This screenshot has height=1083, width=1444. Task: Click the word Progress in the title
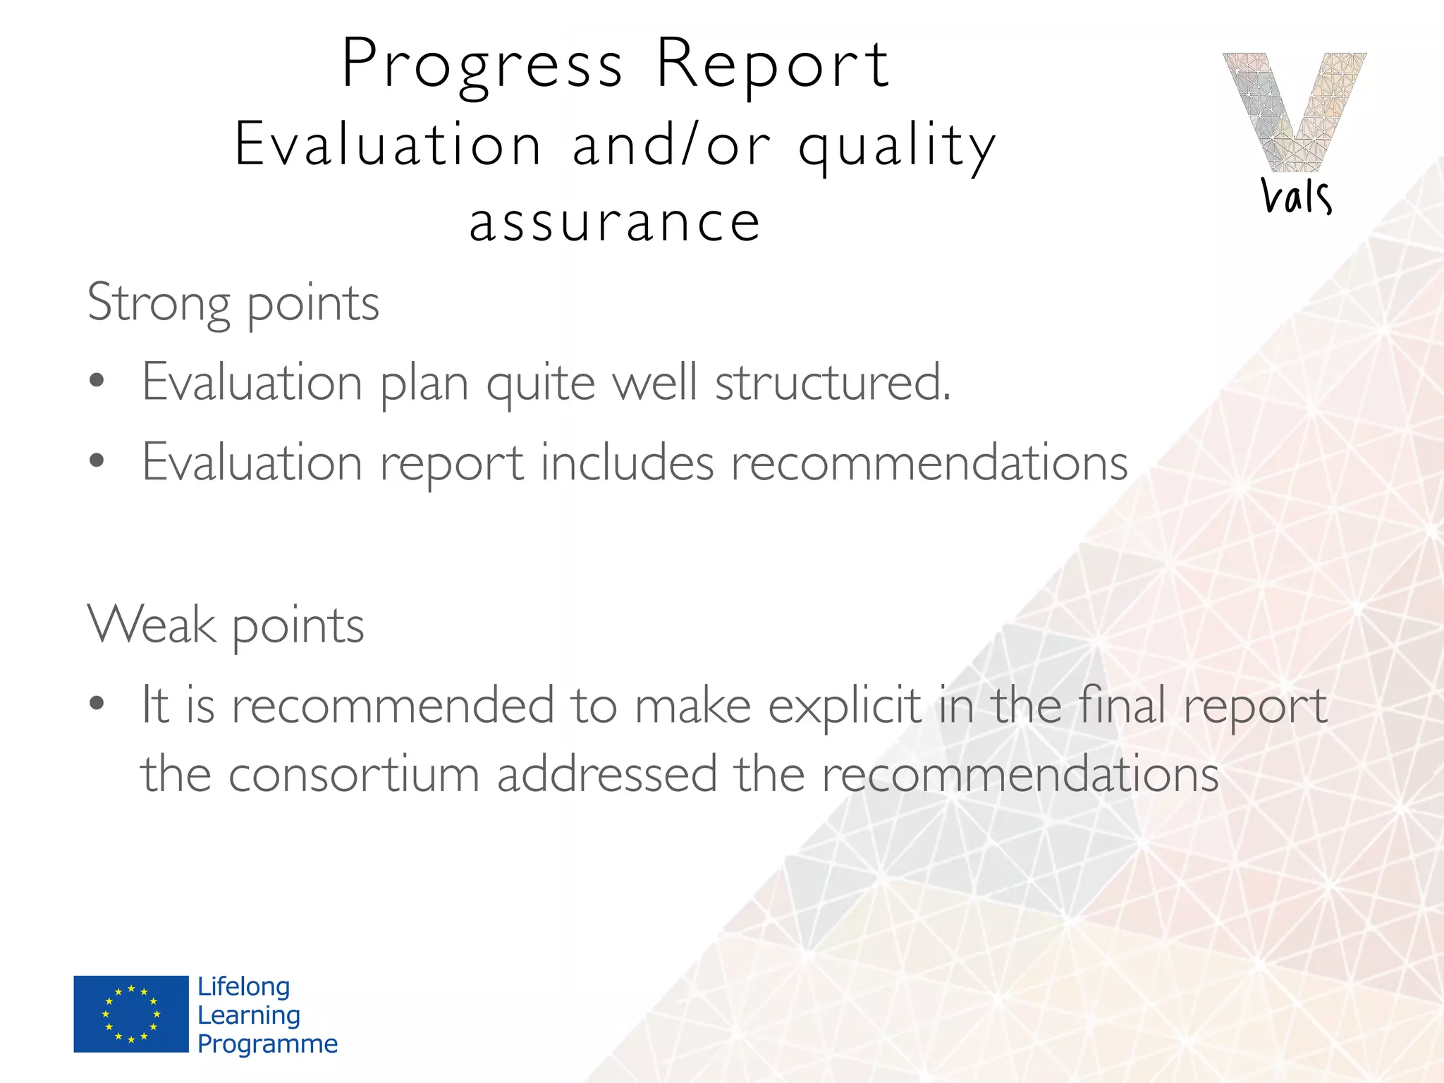click(x=482, y=65)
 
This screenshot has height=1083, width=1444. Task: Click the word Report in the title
click(x=773, y=65)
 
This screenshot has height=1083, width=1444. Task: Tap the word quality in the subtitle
click(x=897, y=145)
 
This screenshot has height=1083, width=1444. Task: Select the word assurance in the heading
click(x=615, y=221)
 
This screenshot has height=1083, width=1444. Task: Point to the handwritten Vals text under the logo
click(x=1296, y=196)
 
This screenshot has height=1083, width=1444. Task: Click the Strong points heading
click(x=233, y=303)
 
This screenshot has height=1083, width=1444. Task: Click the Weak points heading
click(x=226, y=625)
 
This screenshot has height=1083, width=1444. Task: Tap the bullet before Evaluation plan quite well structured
click(x=97, y=381)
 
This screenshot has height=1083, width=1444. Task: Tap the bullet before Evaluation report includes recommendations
click(x=97, y=461)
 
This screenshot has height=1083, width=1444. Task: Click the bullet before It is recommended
click(x=97, y=703)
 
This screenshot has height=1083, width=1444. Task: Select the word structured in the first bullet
click(x=832, y=383)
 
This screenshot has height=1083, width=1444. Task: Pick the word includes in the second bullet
click(x=627, y=463)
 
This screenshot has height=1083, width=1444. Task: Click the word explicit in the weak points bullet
click(x=844, y=705)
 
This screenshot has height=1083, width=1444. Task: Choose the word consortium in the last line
click(x=354, y=774)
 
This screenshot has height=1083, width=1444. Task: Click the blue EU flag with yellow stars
click(x=131, y=1014)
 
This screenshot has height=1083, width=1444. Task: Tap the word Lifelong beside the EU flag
click(x=244, y=986)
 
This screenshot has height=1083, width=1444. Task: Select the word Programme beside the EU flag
click(x=267, y=1044)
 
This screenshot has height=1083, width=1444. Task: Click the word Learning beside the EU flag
click(x=249, y=1015)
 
